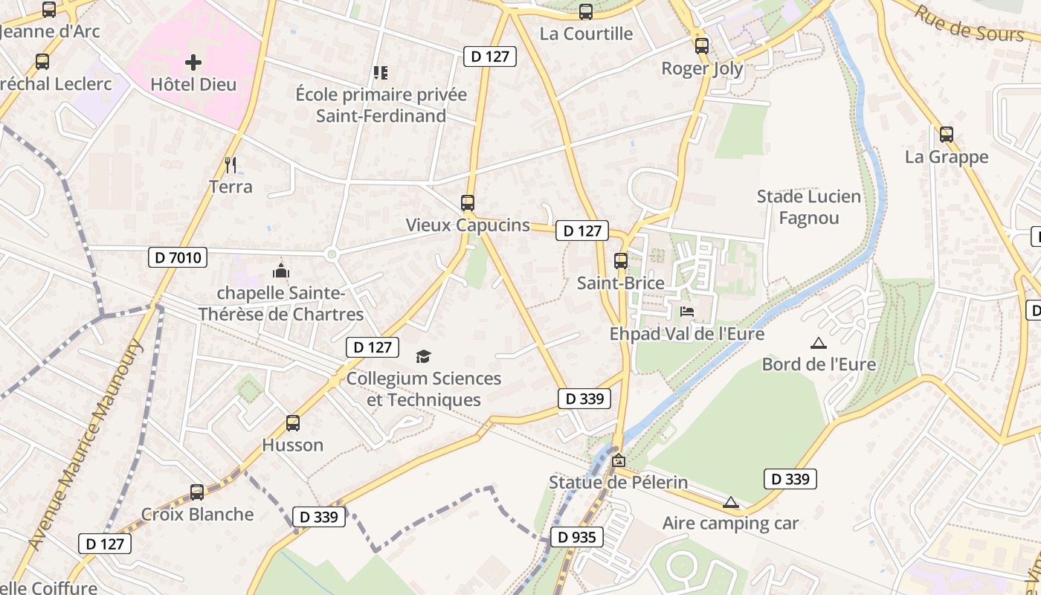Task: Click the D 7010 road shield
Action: coord(178,258)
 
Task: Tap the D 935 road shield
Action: coord(576,537)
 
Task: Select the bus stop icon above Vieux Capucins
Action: coord(468,202)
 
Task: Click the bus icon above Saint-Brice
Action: coord(621,261)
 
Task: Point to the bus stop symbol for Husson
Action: coord(293,423)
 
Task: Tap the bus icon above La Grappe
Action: coord(947,135)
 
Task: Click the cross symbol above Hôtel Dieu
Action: coord(193,62)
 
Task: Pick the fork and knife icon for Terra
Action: coord(231,164)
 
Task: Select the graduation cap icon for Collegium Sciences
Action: coord(423,357)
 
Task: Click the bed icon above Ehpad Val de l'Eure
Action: coord(687,311)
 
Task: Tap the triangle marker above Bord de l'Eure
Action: coord(819,343)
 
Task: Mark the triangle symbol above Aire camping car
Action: coord(731,502)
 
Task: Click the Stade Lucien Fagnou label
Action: coord(808,208)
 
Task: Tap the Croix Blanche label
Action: coord(197,515)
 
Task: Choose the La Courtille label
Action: coord(586,33)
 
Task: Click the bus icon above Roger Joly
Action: coord(702,46)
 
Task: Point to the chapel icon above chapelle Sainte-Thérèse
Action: coord(281,270)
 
